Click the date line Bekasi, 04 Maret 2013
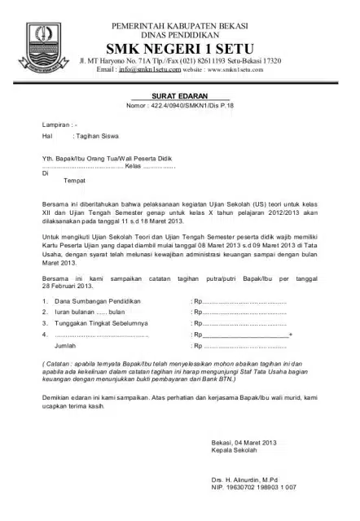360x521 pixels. point(244,442)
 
